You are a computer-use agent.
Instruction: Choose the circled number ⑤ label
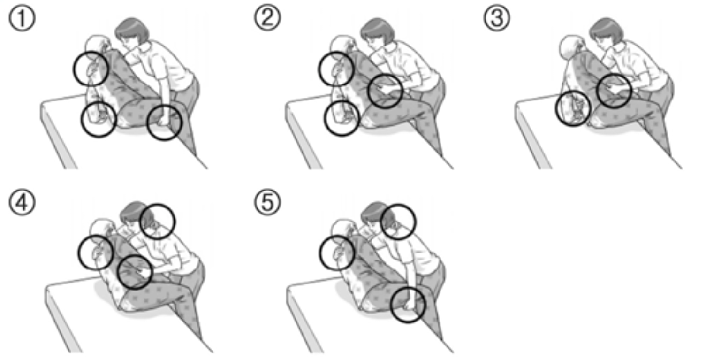267,203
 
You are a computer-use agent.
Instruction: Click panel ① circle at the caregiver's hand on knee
164,123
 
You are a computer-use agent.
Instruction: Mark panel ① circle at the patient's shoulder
91,69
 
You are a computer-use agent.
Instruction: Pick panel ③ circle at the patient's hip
572,109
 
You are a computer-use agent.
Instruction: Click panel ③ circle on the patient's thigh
614,91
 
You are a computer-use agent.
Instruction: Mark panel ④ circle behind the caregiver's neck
158,221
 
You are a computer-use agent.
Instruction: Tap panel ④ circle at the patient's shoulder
96,252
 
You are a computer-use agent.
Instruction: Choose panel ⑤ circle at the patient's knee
408,305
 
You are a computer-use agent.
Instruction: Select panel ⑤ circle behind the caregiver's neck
398,221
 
